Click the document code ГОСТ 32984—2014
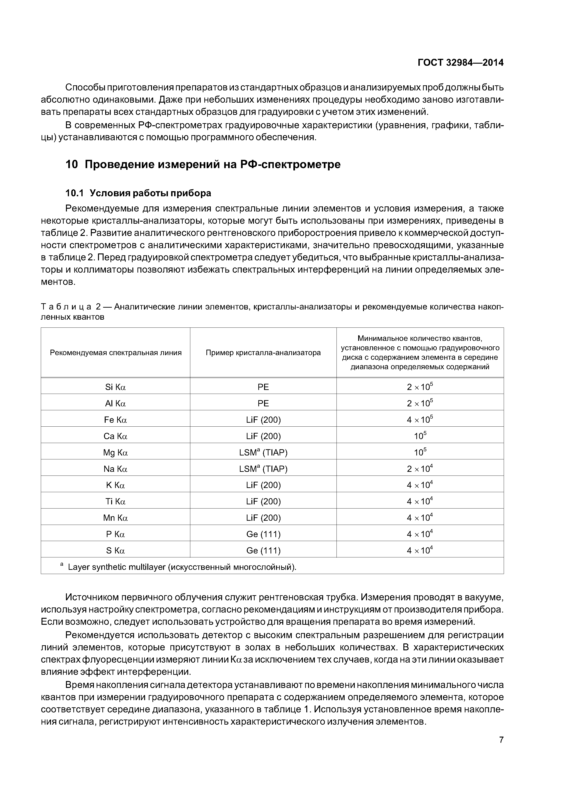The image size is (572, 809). pyautogui.click(x=460, y=63)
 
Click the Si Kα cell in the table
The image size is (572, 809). pyautogui.click(x=115, y=387)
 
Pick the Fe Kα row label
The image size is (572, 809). pyautogui.click(x=115, y=420)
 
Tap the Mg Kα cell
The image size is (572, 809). pyautogui.click(x=115, y=452)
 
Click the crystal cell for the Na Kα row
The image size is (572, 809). pyautogui.click(x=263, y=469)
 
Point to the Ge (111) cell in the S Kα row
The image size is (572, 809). pyautogui.click(x=263, y=551)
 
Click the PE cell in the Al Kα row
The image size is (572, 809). pyautogui.click(x=263, y=403)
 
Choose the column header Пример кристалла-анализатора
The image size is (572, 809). pyautogui.click(x=263, y=353)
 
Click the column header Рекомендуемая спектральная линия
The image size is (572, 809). pyautogui.click(x=115, y=353)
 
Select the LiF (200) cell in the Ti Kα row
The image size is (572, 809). pyautogui.click(x=263, y=501)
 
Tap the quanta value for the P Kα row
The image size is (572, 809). pyautogui.click(x=419, y=534)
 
